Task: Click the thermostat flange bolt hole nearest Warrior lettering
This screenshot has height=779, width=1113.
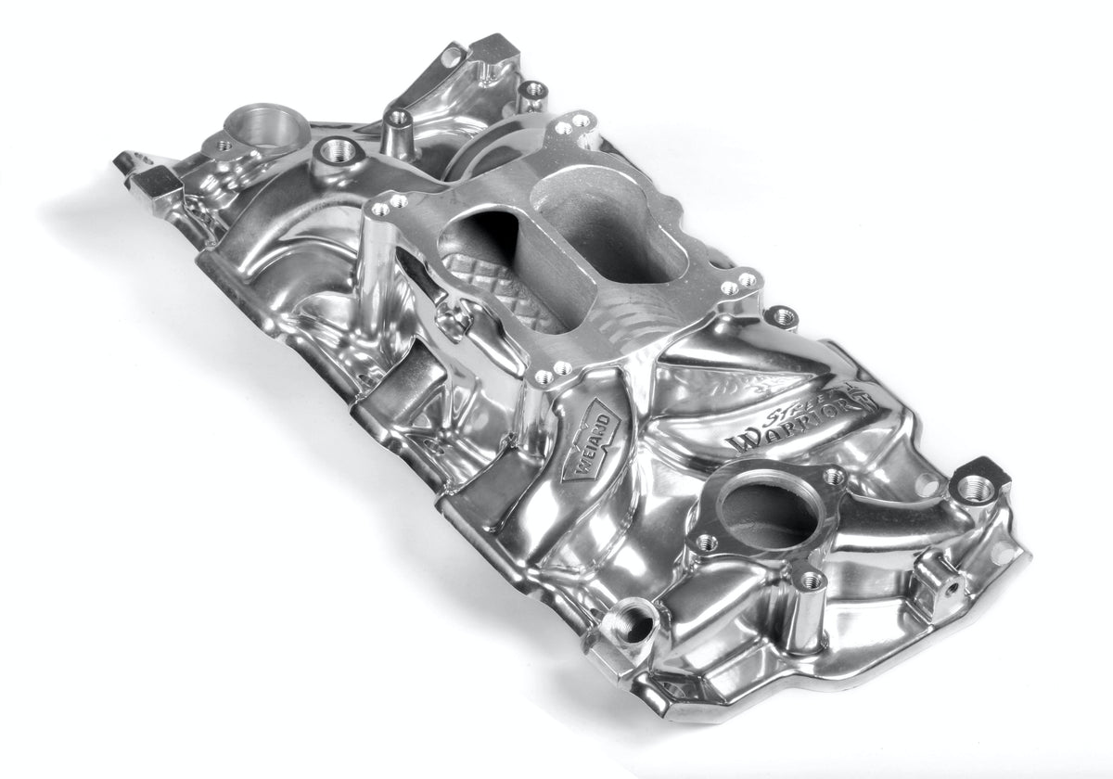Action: [x=832, y=476]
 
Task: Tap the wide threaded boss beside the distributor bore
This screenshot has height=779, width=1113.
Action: [x=339, y=150]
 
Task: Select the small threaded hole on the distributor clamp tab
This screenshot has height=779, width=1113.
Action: [x=223, y=144]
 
